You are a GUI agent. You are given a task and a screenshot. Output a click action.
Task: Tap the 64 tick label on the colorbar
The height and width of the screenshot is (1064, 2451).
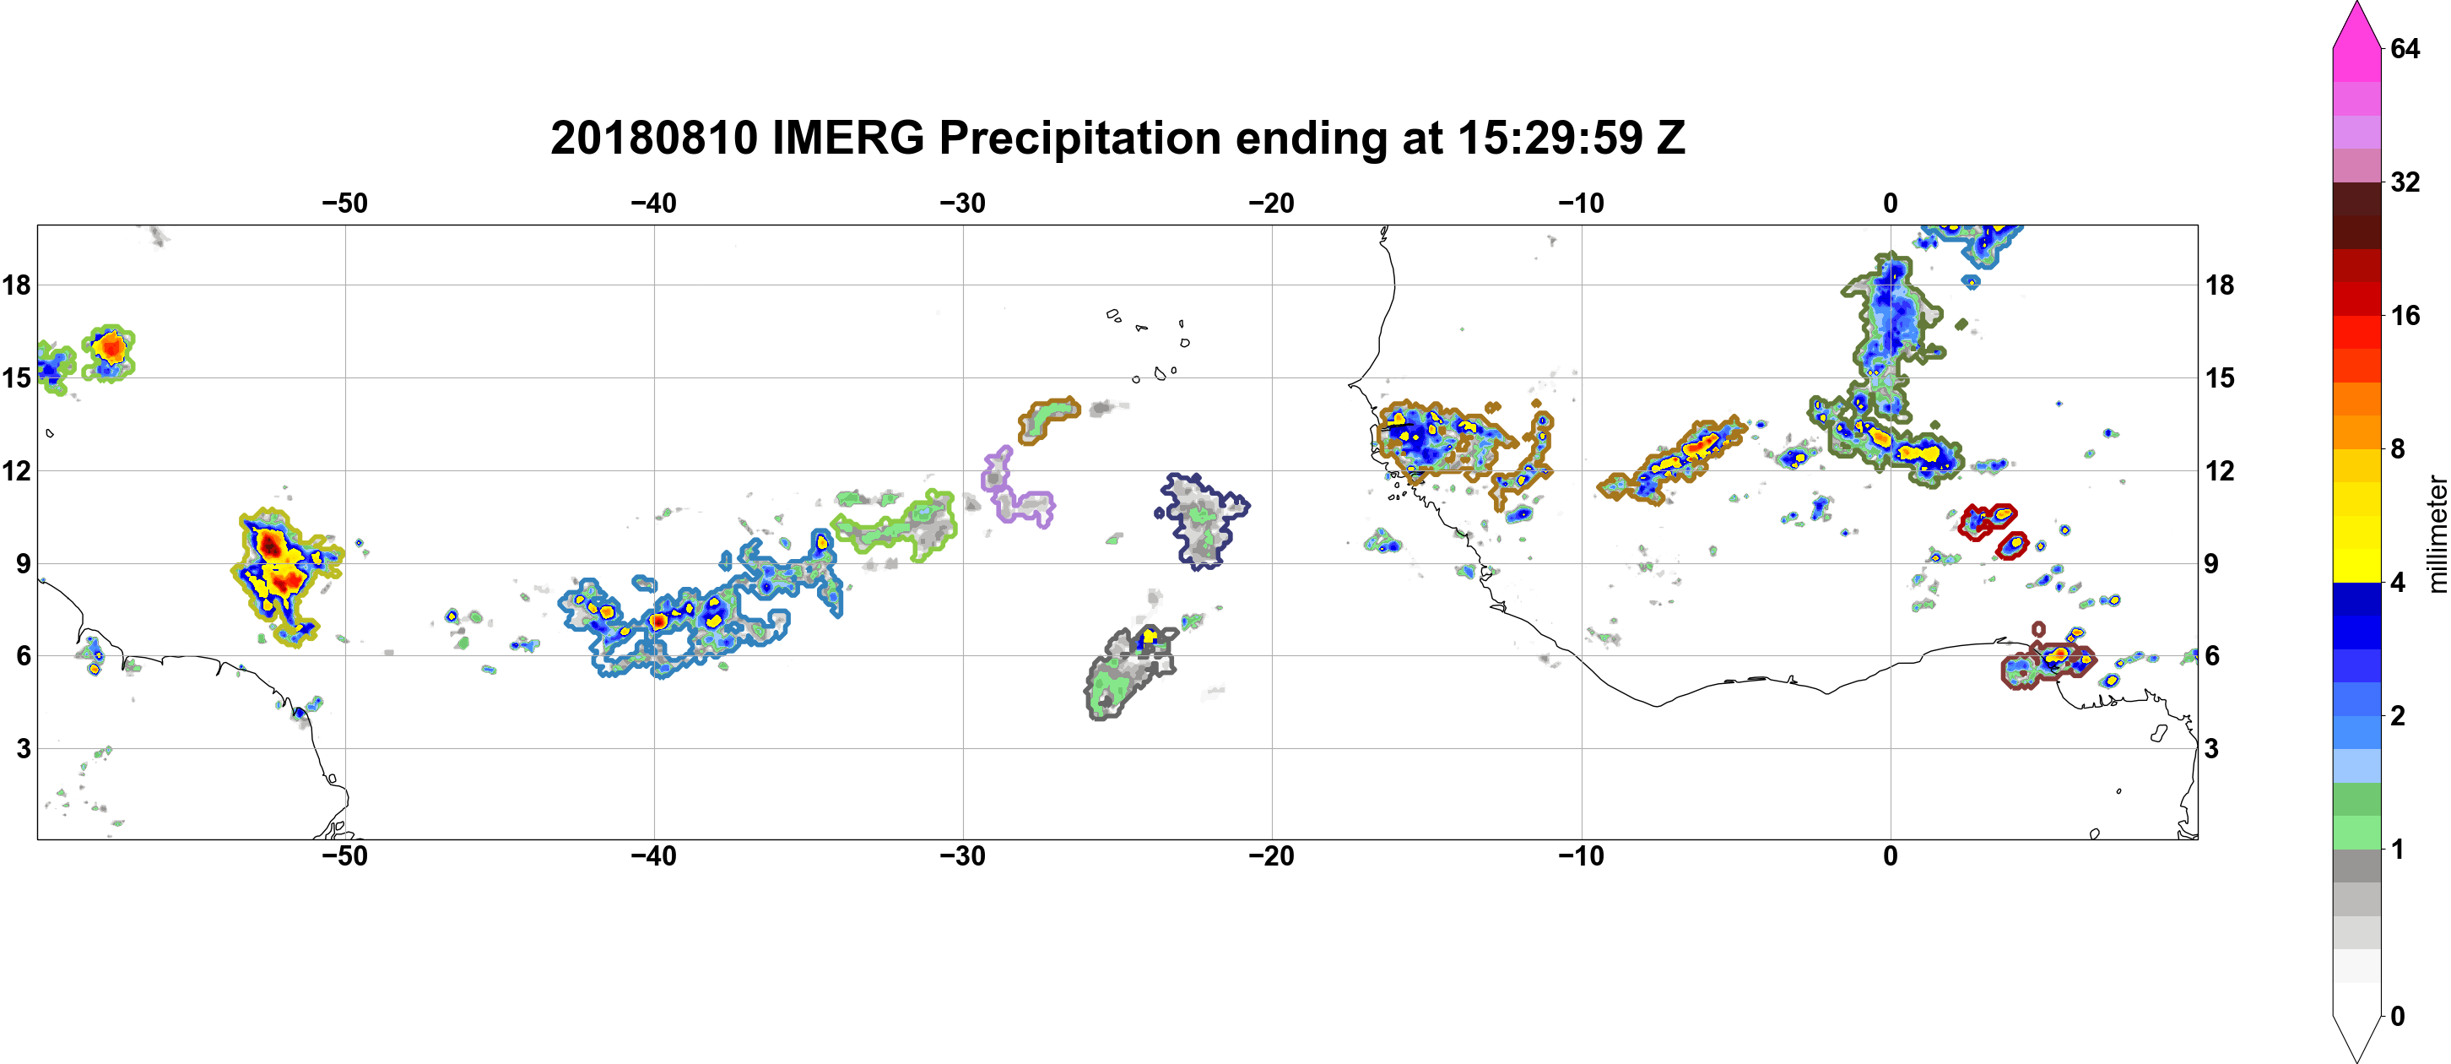[x=2405, y=48]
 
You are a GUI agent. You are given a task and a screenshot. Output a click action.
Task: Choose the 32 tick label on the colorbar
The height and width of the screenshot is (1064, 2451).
[x=2405, y=182]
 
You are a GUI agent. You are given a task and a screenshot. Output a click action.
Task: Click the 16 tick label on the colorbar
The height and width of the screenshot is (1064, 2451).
[x=2405, y=315]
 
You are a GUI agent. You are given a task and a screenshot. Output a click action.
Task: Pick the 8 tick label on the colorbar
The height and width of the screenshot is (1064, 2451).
[x=2398, y=448]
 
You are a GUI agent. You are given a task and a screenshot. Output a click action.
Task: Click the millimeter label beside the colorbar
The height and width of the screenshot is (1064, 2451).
[x=2437, y=534]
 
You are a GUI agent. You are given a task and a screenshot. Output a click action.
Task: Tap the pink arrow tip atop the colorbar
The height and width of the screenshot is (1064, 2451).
[x=2356, y=3]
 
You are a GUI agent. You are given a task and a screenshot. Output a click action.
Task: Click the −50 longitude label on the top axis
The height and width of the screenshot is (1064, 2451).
[x=344, y=203]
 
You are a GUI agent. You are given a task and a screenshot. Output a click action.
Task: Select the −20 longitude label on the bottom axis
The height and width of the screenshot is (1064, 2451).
[x=1271, y=855]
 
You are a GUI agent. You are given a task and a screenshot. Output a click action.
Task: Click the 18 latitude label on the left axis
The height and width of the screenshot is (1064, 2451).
[x=16, y=285]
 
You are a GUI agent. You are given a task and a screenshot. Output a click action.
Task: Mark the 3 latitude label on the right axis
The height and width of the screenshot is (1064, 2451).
[x=2211, y=748]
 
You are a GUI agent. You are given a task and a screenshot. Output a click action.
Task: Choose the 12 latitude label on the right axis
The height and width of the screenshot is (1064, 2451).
[x=2220, y=470]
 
